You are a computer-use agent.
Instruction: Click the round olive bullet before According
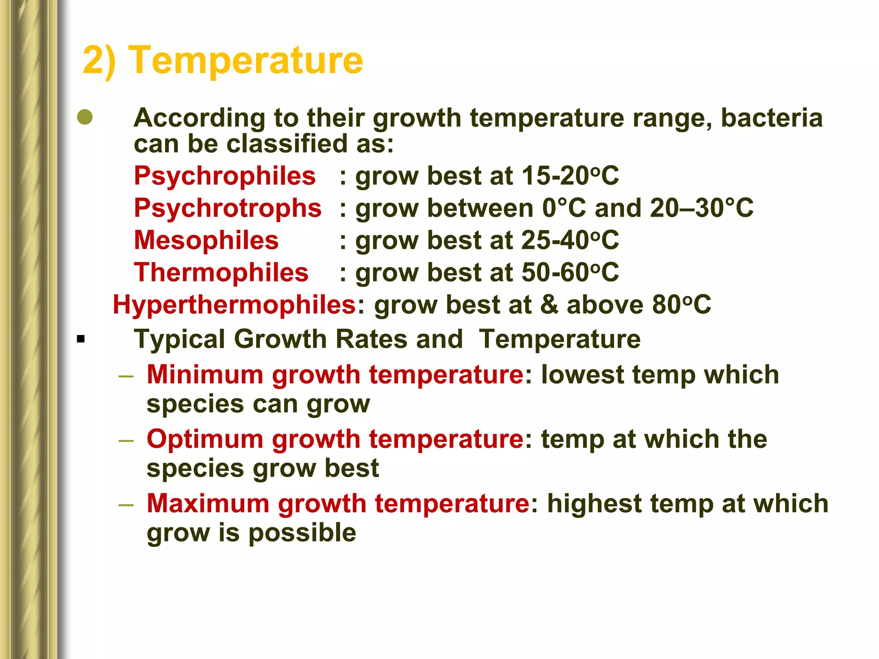(85, 117)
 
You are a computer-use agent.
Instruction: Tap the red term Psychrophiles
(224, 176)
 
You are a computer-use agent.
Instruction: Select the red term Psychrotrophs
(227, 208)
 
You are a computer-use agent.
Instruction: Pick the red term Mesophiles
(206, 240)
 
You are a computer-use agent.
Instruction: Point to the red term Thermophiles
(221, 272)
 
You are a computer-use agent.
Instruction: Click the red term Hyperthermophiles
(234, 305)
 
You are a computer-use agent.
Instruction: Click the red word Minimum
(205, 375)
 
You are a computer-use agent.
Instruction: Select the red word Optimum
(205, 439)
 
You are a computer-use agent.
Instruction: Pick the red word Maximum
(208, 504)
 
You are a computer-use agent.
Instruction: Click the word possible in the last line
(302, 533)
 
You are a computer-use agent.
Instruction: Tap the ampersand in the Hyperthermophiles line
(549, 305)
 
